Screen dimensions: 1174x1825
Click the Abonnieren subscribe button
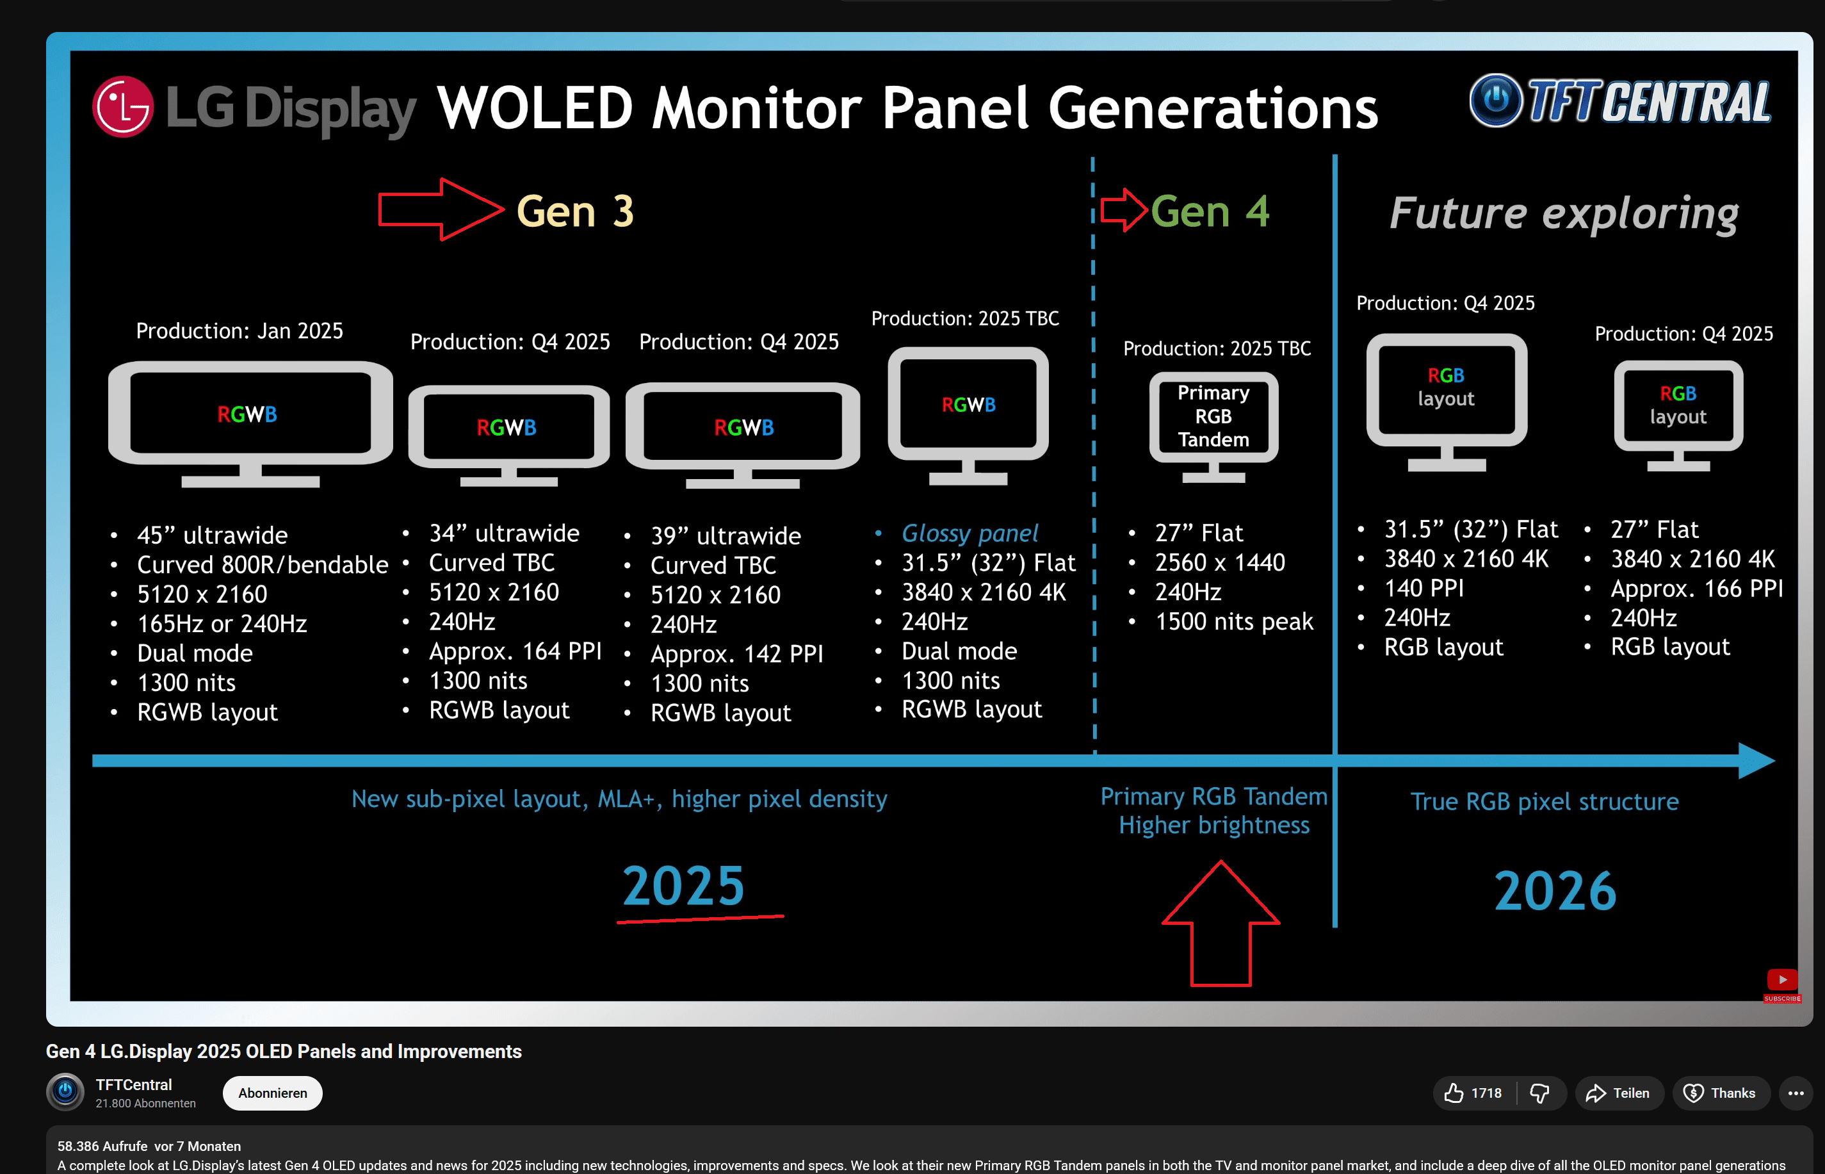point(272,1093)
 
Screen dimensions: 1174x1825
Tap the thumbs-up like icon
point(1454,1093)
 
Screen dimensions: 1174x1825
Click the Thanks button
point(1720,1093)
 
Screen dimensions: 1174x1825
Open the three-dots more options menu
point(1796,1093)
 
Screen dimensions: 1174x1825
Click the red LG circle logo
point(122,107)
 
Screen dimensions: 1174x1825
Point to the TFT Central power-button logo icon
point(1495,100)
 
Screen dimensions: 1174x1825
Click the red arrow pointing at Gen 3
point(441,209)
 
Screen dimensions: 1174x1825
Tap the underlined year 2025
point(683,886)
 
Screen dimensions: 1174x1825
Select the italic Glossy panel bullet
point(969,533)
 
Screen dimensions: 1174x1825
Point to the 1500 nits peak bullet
point(1234,621)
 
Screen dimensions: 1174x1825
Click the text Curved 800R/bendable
point(262,565)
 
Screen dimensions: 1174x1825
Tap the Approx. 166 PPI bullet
point(1696,589)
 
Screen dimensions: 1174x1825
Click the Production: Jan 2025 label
point(239,331)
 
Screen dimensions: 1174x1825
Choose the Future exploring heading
point(1564,213)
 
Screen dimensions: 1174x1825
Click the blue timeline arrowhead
point(1756,760)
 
